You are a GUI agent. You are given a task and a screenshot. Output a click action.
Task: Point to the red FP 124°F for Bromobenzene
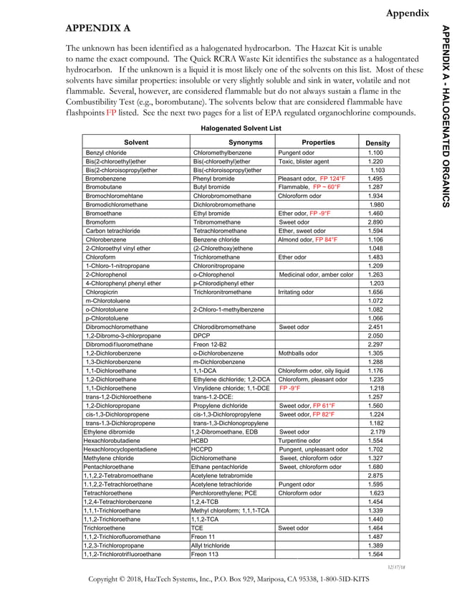pyautogui.click(x=332, y=178)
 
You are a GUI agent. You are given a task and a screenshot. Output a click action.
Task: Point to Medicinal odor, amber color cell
pyautogui.click(x=315, y=274)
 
